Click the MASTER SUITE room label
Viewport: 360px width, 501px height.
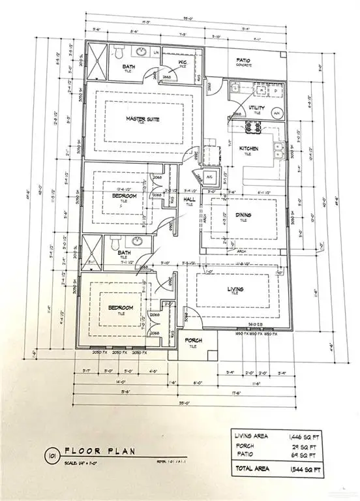[143, 118]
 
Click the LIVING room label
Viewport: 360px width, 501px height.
[235, 288]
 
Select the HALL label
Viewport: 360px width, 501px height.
[190, 200]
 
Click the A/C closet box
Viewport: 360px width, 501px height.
[192, 177]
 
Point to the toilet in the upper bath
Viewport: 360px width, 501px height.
[119, 52]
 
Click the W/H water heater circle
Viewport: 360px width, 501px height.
[276, 113]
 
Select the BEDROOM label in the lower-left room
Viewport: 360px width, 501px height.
[121, 308]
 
